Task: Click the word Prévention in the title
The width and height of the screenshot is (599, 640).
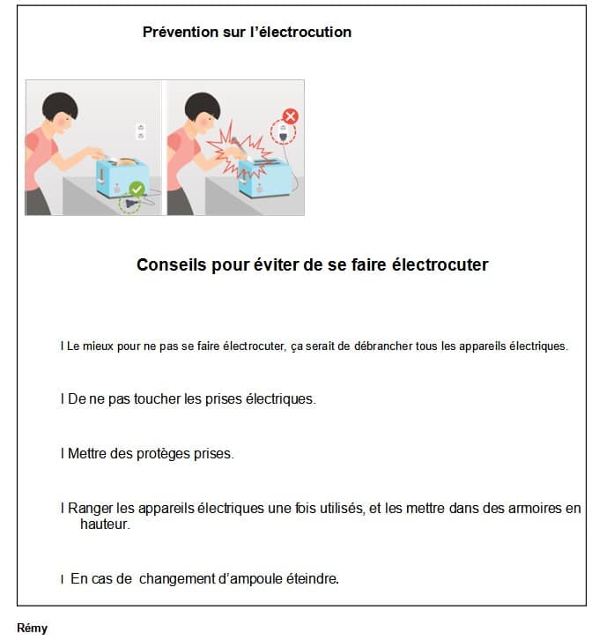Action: pyautogui.click(x=181, y=32)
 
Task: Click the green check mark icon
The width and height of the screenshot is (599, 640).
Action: pyautogui.click(x=137, y=189)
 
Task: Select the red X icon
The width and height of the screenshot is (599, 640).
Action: pyautogui.click(x=291, y=116)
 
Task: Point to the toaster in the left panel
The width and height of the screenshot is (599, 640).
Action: pyautogui.click(x=122, y=177)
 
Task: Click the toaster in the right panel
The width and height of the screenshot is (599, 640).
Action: pyautogui.click(x=265, y=178)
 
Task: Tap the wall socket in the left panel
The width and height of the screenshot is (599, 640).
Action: pyautogui.click(x=141, y=131)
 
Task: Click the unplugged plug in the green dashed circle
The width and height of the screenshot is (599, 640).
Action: pyautogui.click(x=130, y=203)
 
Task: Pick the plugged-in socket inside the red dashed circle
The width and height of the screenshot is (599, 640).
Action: pyautogui.click(x=283, y=131)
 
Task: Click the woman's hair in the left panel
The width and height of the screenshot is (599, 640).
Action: pyautogui.click(x=60, y=105)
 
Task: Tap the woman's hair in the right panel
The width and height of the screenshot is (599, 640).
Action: pyautogui.click(x=203, y=105)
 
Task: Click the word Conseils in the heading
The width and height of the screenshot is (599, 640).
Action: pyautogui.click(x=172, y=264)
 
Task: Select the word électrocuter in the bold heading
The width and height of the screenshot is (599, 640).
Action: pyautogui.click(x=440, y=264)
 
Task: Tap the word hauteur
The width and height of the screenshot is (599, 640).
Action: pyautogui.click(x=105, y=525)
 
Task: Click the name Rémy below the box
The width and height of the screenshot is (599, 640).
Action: pyautogui.click(x=33, y=629)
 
